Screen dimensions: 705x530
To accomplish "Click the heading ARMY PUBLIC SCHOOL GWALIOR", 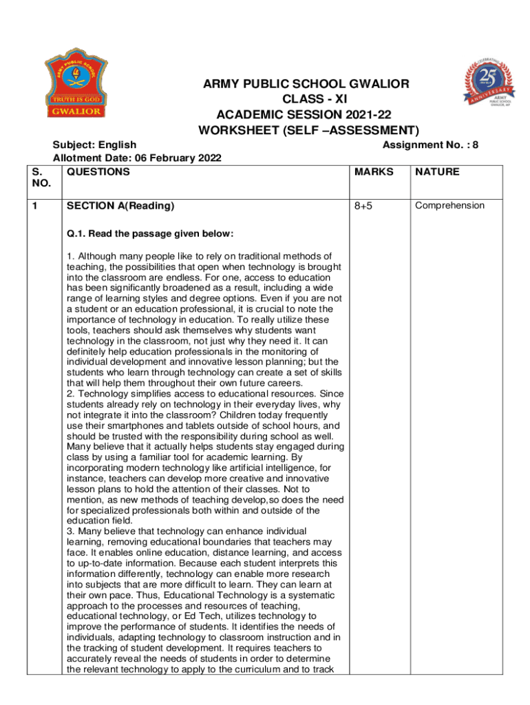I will pyautogui.click(x=306, y=84).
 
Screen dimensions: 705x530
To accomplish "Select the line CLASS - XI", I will pyautogui.click(x=307, y=99).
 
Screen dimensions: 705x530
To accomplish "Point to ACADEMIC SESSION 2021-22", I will pyautogui.click(x=307, y=114).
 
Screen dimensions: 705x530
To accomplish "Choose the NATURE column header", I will pyautogui.click(x=437, y=171).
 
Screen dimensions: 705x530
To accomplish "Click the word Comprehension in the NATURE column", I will pyautogui.click(x=449, y=205).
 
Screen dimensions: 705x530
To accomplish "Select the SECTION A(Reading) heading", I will pyautogui.click(x=120, y=206).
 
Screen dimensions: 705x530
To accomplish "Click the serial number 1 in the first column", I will pyautogui.click(x=35, y=206).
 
